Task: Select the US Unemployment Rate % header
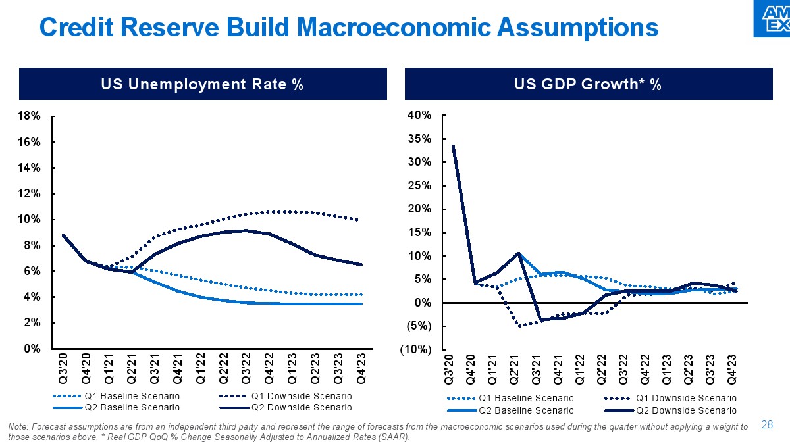click(201, 85)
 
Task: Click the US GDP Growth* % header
click(596, 85)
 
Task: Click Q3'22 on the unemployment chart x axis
click(247, 368)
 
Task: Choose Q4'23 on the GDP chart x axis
click(733, 369)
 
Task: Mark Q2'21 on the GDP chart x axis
click(515, 369)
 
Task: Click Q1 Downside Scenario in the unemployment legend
click(301, 396)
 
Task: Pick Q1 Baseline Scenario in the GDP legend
click(526, 398)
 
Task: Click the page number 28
click(766, 424)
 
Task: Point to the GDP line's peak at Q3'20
click(454, 146)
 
